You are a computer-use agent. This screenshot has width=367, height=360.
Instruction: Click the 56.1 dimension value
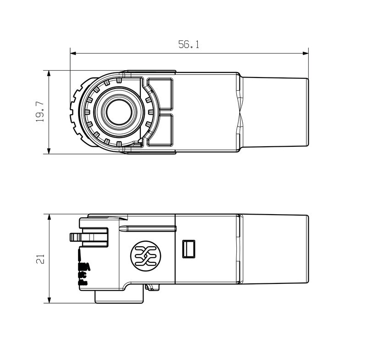[188, 44]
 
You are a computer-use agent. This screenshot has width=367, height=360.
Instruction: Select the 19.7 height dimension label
[40, 112]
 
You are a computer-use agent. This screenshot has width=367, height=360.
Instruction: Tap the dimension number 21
[40, 259]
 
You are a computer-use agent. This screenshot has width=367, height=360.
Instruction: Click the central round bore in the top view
[118, 112]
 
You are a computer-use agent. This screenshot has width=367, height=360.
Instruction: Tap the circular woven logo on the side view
[144, 255]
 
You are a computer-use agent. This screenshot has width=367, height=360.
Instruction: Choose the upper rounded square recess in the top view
[159, 94]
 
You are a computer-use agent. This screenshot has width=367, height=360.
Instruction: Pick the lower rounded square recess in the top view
[159, 130]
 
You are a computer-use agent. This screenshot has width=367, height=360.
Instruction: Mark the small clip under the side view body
[152, 288]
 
